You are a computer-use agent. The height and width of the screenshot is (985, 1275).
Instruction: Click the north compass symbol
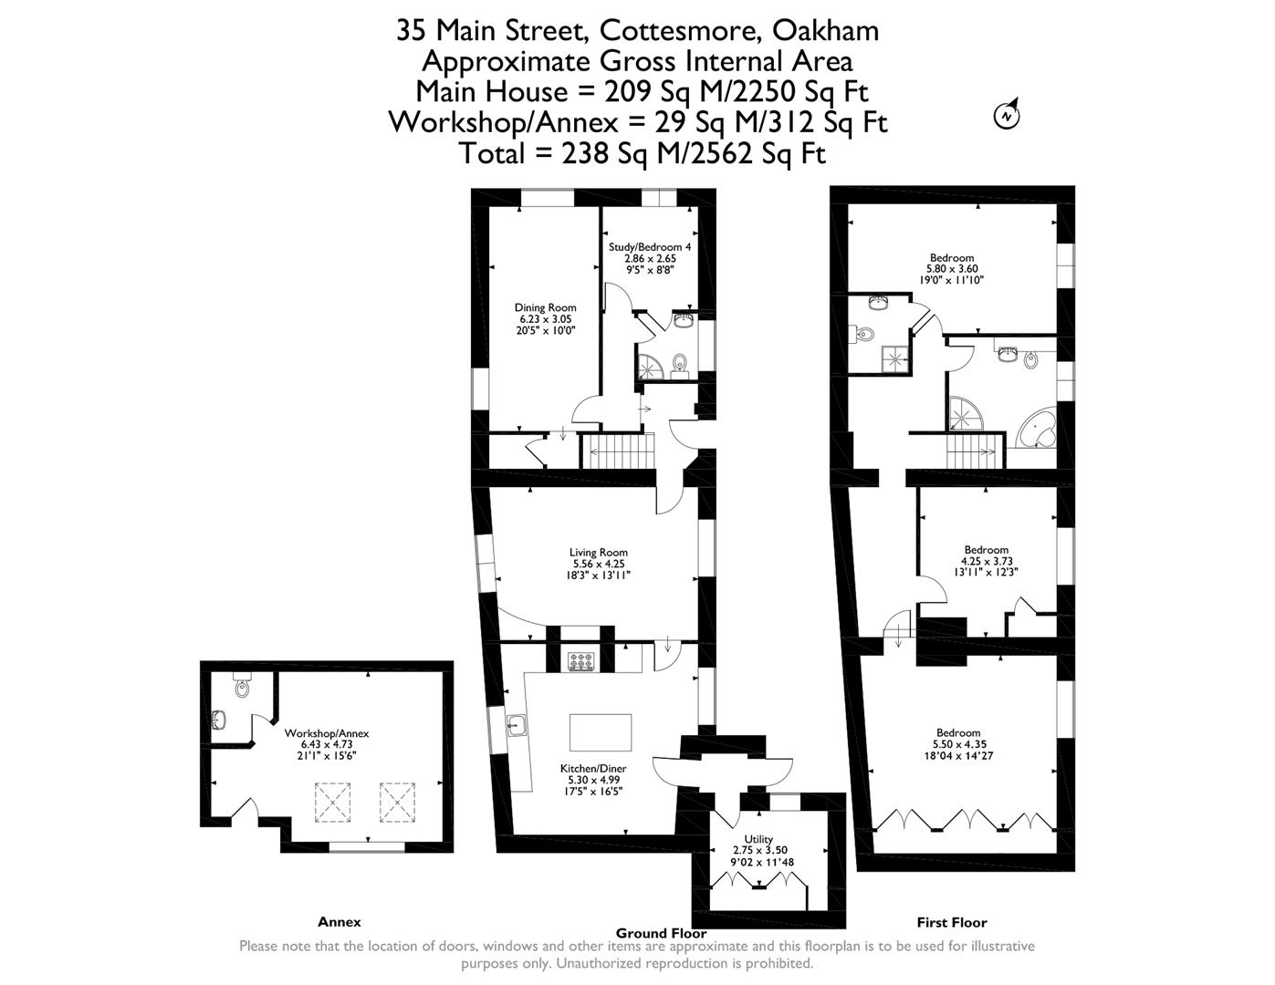(x=1007, y=115)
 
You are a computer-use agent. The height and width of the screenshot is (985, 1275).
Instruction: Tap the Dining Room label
(x=545, y=308)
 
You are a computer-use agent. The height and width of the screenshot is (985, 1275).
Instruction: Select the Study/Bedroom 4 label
(x=650, y=247)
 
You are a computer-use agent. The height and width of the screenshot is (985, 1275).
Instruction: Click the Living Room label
(x=598, y=553)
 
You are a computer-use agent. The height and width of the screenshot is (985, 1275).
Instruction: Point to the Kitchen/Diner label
(x=592, y=769)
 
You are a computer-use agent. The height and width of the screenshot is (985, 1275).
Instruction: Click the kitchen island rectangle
(x=601, y=731)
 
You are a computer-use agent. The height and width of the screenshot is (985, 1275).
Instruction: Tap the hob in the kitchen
(x=580, y=660)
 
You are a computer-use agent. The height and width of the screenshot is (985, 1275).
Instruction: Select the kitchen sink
(x=517, y=725)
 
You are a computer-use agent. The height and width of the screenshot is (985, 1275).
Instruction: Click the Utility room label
(x=758, y=840)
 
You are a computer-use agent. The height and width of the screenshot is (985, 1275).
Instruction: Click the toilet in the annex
(x=242, y=685)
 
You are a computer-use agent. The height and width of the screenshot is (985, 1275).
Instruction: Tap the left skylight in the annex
(x=332, y=802)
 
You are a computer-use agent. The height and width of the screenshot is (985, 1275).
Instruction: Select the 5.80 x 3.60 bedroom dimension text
(x=952, y=269)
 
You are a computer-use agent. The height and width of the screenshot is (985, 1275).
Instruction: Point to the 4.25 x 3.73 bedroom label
(x=987, y=550)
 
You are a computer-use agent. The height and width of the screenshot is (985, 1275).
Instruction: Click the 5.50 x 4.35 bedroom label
(x=957, y=733)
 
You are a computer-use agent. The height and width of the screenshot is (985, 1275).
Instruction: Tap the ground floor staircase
(x=620, y=451)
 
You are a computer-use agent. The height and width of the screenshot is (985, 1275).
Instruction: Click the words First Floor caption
(x=951, y=922)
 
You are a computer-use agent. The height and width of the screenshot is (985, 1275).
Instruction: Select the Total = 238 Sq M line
(x=643, y=153)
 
